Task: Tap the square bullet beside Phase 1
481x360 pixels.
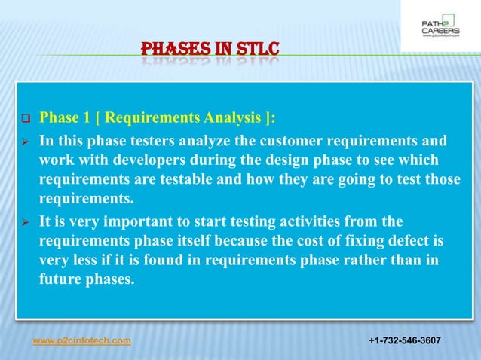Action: coord(25,118)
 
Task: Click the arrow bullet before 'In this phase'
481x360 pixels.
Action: coord(25,142)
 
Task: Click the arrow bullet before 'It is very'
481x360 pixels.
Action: coord(25,222)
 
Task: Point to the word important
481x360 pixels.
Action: coord(119,221)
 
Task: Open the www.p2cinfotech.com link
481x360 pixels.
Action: coord(81,341)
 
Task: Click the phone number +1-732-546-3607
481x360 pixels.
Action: coord(404,341)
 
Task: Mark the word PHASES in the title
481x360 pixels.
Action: coord(176,50)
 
